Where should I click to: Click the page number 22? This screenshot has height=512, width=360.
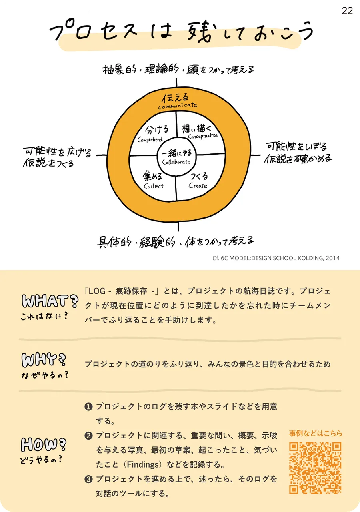(347, 11)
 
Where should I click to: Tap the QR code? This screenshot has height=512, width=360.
(315, 468)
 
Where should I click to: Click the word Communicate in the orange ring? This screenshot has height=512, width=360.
(178, 106)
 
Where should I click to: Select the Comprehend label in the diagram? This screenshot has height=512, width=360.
(150, 139)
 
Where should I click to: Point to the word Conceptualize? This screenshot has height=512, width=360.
(203, 136)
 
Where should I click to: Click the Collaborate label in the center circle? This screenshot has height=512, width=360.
(176, 162)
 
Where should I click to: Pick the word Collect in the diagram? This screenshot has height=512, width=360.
(154, 186)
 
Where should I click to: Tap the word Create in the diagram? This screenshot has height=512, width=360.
(198, 185)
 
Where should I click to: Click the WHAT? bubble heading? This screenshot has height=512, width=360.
(50, 301)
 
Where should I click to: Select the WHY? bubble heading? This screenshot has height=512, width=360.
(44, 360)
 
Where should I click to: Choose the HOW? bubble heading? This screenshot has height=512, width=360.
(44, 445)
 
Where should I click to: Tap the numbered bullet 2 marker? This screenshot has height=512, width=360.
(88, 436)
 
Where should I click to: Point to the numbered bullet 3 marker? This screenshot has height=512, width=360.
(88, 479)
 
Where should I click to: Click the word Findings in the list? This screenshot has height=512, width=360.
(143, 464)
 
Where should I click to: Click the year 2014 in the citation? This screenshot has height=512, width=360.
(332, 258)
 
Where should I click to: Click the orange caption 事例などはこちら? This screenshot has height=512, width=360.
(316, 433)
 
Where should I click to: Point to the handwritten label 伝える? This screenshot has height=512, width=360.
(175, 98)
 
